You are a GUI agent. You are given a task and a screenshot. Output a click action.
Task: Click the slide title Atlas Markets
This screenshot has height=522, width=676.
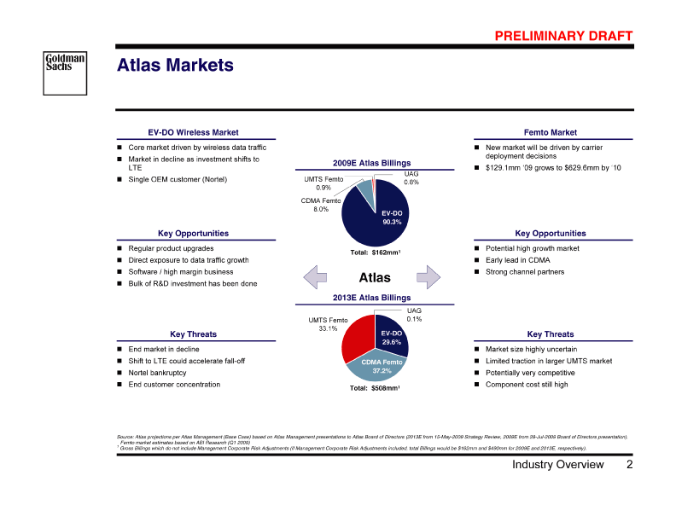tap(174, 66)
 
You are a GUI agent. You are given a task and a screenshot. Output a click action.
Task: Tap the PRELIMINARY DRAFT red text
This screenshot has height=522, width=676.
tap(563, 35)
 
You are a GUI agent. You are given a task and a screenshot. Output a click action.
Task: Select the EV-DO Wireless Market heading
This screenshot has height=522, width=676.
tap(193, 132)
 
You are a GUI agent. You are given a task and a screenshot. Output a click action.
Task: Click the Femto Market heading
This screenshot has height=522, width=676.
tap(551, 132)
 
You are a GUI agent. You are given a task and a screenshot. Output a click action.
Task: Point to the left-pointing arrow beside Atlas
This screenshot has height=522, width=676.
tap(316, 276)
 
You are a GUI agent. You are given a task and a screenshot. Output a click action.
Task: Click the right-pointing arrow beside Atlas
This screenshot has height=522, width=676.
tap(428, 276)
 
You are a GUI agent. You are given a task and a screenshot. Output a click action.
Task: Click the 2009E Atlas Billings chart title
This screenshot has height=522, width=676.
tap(372, 163)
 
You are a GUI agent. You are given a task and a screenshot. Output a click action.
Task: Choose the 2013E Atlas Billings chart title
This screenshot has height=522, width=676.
tap(372, 298)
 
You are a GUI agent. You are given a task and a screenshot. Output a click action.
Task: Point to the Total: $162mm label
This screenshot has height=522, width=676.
tap(376, 252)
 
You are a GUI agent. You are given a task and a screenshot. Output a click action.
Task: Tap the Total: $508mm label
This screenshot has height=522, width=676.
tap(375, 388)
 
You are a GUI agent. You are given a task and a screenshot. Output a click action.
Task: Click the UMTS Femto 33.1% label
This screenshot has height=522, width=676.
tap(328, 324)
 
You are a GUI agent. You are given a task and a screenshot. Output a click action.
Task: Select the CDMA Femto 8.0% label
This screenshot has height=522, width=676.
tap(320, 205)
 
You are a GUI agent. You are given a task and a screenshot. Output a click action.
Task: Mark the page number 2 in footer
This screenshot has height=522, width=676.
tap(629, 465)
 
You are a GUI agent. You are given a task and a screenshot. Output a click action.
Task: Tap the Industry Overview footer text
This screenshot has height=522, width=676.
tap(557, 465)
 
